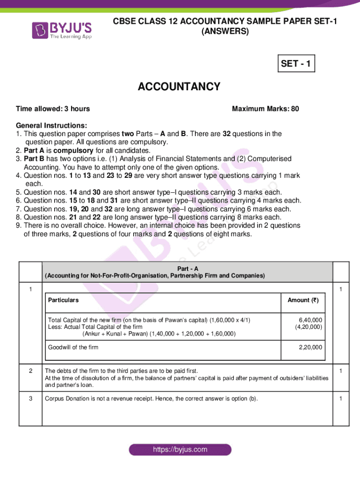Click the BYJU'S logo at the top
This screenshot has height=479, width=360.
click(x=62, y=30)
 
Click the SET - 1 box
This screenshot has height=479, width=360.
click(x=295, y=64)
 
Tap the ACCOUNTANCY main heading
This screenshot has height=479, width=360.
click(x=179, y=87)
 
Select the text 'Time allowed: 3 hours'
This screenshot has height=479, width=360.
click(x=53, y=109)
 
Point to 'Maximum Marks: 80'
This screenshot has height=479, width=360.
click(x=266, y=109)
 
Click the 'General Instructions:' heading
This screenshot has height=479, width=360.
click(x=51, y=126)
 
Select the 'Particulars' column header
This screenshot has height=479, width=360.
click(x=63, y=300)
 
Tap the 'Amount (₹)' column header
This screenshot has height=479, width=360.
click(x=302, y=300)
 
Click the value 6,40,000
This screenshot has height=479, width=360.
click(x=310, y=320)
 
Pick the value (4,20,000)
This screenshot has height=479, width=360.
click(x=308, y=327)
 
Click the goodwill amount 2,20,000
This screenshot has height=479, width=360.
click(x=310, y=348)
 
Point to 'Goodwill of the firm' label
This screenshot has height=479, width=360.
click(x=73, y=348)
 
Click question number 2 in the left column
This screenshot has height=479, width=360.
click(x=30, y=371)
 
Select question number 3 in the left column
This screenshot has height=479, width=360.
click(x=30, y=399)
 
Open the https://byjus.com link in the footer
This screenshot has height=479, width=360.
click(x=180, y=450)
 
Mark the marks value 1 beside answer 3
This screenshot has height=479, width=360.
click(x=341, y=399)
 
